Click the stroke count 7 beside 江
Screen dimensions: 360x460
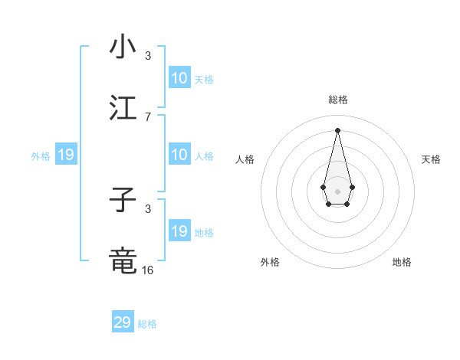click(148, 116)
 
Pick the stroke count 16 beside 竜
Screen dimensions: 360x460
click(148, 270)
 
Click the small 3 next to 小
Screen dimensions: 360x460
click(148, 56)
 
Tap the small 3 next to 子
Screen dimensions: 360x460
click(148, 208)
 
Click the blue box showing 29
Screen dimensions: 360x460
click(123, 322)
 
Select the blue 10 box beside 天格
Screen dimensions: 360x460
click(179, 78)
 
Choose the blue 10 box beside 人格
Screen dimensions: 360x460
click(179, 155)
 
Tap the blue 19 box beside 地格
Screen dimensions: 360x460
click(179, 231)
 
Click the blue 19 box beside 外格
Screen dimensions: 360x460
click(66, 155)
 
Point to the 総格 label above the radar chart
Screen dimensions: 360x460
click(338, 100)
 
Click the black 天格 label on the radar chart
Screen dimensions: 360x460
click(432, 159)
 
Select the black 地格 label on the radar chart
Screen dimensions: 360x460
click(402, 262)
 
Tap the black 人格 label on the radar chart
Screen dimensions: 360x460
click(245, 159)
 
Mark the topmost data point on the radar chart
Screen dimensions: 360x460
click(338, 129)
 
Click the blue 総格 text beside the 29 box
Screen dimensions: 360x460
click(147, 324)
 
